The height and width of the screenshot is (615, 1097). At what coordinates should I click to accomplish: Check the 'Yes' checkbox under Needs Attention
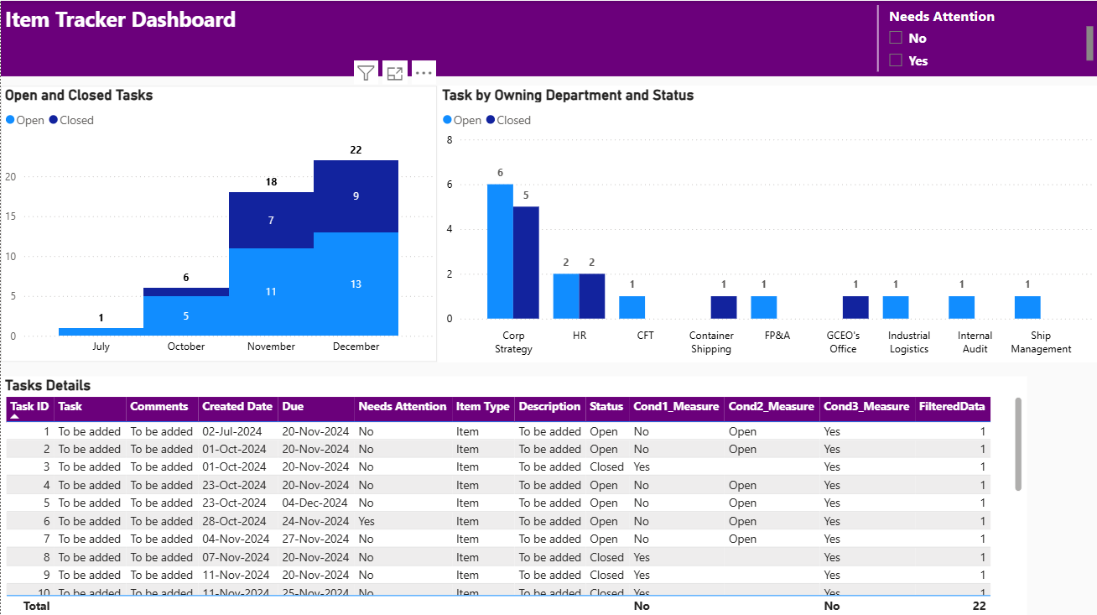896,60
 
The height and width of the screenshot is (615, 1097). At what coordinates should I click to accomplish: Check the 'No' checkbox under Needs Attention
896,38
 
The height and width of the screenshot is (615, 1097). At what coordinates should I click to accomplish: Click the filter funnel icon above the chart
366,73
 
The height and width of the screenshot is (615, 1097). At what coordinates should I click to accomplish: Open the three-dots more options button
424,73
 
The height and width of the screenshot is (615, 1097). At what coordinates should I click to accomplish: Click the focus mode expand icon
395,73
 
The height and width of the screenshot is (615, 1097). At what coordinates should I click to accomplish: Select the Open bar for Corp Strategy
500,252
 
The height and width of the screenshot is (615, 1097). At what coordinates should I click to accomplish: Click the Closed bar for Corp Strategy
526,263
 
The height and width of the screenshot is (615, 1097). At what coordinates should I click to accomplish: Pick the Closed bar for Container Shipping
724,307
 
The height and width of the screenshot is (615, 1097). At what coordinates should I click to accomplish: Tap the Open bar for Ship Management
1027,307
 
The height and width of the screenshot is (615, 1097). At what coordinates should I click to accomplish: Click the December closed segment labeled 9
356,196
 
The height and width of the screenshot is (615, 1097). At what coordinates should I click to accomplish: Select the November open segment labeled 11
271,292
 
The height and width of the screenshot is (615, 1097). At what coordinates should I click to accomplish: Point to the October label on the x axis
186,347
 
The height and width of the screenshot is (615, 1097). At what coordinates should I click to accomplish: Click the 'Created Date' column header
237,407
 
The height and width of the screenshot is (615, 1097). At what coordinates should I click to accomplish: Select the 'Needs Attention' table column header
403,407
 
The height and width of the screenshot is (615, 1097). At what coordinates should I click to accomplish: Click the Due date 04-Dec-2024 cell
315,503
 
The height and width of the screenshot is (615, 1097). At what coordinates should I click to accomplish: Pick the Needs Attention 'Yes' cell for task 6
367,521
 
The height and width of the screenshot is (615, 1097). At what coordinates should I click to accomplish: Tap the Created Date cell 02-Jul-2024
232,432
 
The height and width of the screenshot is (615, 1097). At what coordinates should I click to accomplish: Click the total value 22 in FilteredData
979,606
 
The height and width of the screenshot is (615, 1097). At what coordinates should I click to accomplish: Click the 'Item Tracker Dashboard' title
121,20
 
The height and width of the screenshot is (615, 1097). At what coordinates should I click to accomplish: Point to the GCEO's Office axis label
843,342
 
